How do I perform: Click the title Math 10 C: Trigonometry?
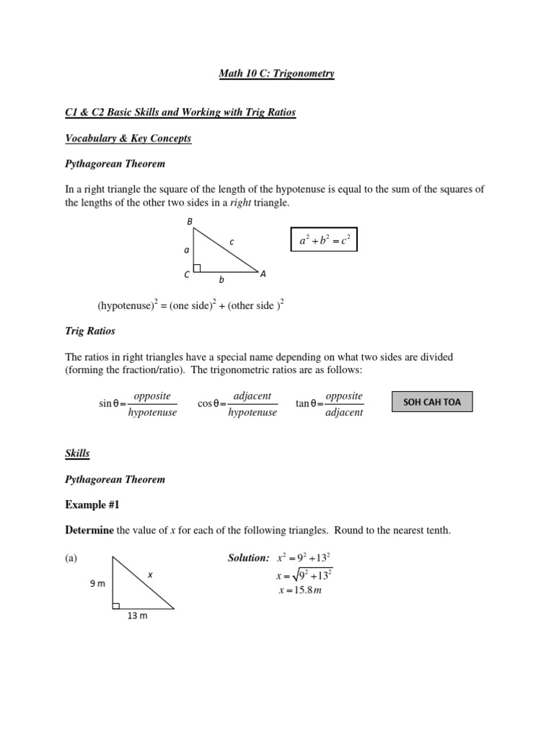[277, 74]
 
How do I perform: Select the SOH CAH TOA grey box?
[431, 401]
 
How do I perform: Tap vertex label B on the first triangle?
[190, 222]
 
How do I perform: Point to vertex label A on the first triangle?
[263, 274]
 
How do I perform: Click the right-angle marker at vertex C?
[197, 268]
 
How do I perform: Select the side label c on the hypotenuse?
[232, 242]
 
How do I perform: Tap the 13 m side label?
[137, 616]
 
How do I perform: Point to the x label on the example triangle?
[150, 574]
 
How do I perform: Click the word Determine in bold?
[89, 530]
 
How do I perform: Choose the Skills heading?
[78, 453]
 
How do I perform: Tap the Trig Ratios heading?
[90, 331]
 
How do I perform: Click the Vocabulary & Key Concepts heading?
[128, 138]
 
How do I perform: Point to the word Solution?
[247, 558]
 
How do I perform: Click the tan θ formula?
[330, 404]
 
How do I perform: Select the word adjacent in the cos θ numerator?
[252, 396]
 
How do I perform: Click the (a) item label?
[71, 558]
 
